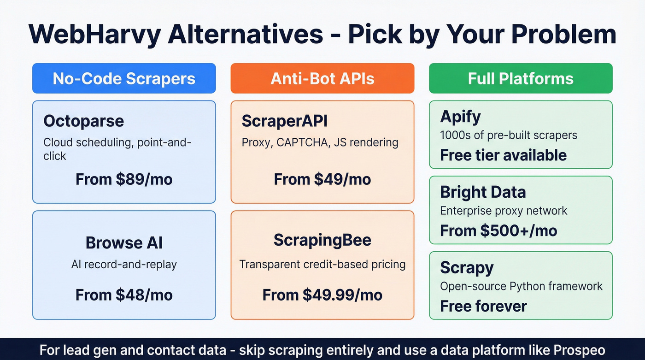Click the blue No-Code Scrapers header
point(124,78)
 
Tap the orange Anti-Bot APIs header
point(322,78)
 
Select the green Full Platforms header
point(521,78)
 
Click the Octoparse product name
point(83,121)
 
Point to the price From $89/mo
point(124,179)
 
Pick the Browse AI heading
point(124,242)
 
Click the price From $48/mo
point(124,295)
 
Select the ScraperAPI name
point(284,121)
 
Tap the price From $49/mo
point(322,179)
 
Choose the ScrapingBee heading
point(322,240)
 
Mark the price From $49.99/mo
point(322,295)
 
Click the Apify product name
point(460,116)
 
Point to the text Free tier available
point(503,155)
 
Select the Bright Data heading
point(483,192)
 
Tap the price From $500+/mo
point(498,230)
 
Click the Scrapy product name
point(467,267)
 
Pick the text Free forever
point(483,306)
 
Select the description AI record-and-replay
point(124,265)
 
